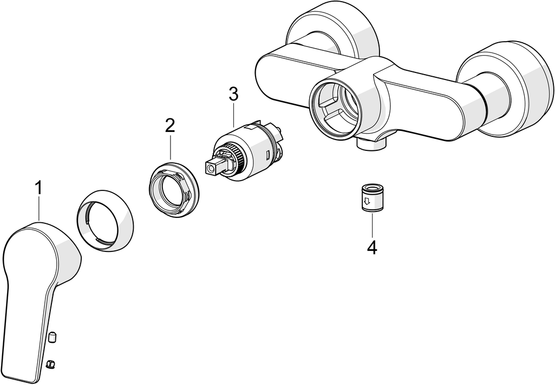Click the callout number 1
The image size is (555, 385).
[x=38, y=188]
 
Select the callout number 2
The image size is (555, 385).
[x=170, y=126]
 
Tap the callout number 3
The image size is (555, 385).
[x=233, y=94]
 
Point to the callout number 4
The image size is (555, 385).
[x=371, y=248]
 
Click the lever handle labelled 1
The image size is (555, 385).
[x=32, y=281]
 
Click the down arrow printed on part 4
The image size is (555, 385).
[x=367, y=202]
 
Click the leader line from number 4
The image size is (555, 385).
[x=371, y=226]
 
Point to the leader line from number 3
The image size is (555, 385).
[x=233, y=114]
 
